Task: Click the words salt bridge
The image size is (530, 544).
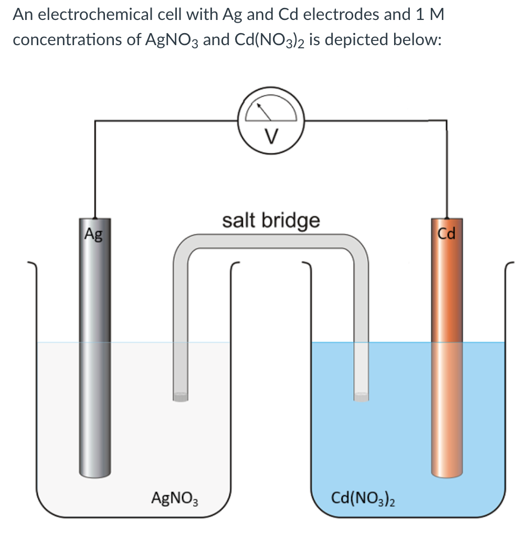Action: (x=271, y=220)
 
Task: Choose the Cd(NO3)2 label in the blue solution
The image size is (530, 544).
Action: (x=363, y=496)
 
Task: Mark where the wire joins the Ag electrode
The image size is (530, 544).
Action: (x=95, y=216)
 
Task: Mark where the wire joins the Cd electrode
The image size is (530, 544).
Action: (x=447, y=216)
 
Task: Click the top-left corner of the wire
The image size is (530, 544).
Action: (x=95, y=121)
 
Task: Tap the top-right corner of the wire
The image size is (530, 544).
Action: (x=447, y=120)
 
